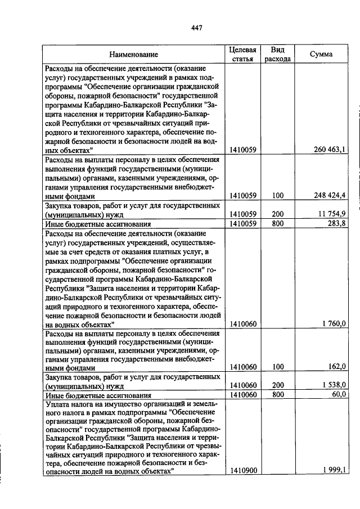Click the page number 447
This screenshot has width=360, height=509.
click(196, 28)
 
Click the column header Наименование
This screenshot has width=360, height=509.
click(133, 55)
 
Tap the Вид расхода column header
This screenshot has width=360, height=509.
click(277, 54)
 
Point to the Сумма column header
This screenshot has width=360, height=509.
click(321, 55)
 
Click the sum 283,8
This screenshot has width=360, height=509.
click(336, 224)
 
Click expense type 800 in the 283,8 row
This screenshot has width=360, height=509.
click(277, 224)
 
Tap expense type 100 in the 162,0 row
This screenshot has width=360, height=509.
click(277, 367)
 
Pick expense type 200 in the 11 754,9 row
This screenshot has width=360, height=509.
click(277, 215)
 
